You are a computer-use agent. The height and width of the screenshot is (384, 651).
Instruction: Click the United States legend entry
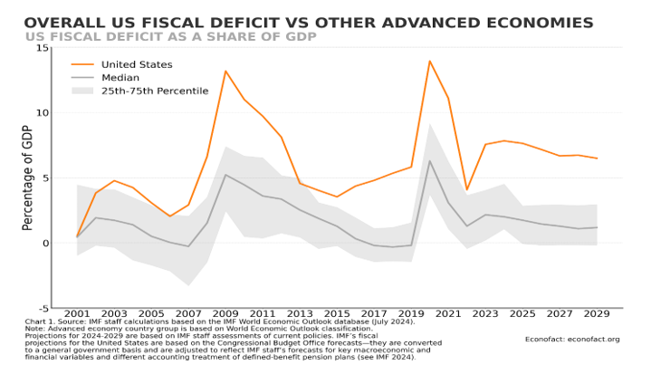(x=137, y=64)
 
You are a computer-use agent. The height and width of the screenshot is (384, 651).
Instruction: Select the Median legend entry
(x=120, y=78)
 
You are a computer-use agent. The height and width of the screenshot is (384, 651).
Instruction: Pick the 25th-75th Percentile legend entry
(x=154, y=91)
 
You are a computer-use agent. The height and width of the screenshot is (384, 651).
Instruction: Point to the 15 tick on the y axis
(x=43, y=48)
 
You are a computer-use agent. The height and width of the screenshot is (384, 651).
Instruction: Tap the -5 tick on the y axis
(x=43, y=308)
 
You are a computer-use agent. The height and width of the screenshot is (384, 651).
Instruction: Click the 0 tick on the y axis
(x=44, y=243)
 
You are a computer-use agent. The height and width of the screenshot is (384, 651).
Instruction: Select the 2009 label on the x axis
(x=225, y=313)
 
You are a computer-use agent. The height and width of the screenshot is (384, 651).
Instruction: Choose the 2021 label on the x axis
(x=447, y=313)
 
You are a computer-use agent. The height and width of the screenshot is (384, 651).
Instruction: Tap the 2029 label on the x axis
(x=596, y=313)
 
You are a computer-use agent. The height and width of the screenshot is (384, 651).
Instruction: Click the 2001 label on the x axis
(x=78, y=313)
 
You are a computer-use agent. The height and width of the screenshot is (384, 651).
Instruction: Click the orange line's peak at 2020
(x=429, y=62)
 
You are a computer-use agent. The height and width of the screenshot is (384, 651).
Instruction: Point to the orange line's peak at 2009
(x=225, y=71)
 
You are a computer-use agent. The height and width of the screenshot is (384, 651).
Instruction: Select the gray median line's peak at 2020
(x=429, y=161)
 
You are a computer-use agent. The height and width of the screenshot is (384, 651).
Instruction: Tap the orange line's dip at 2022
(x=466, y=190)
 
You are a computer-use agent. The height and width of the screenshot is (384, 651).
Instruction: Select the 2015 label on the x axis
(x=337, y=313)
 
